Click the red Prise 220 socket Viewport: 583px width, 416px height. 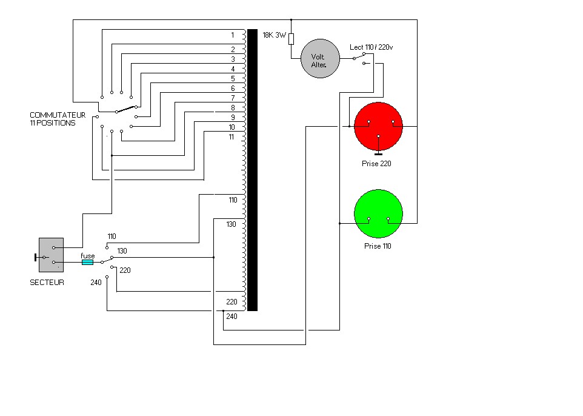coord(378,127)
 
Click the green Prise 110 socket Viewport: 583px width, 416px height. coord(378,213)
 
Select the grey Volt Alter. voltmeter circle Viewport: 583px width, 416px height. coord(320,58)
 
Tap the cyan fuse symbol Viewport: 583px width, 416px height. coord(87,263)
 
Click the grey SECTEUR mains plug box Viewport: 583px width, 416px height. coord(52,255)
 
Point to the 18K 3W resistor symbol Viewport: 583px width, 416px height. coord(291,39)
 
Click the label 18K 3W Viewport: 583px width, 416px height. coord(275,35)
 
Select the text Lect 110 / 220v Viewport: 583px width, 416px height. coord(371,47)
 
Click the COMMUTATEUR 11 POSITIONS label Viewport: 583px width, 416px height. coord(58,119)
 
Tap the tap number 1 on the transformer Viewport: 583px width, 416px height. coord(233,35)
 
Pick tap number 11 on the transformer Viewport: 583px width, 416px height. coord(232,137)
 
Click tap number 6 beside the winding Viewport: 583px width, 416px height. coord(233,88)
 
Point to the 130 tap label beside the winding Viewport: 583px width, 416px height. coord(232,224)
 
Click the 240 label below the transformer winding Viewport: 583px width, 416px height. coord(232,317)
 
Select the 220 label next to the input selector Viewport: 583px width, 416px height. coord(125,270)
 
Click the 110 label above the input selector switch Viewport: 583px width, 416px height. coord(112,237)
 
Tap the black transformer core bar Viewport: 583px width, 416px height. coord(253,170)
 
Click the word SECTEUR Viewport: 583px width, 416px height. coord(47,283)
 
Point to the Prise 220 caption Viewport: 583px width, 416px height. coord(376,163)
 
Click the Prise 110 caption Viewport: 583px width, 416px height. coord(378,246)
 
